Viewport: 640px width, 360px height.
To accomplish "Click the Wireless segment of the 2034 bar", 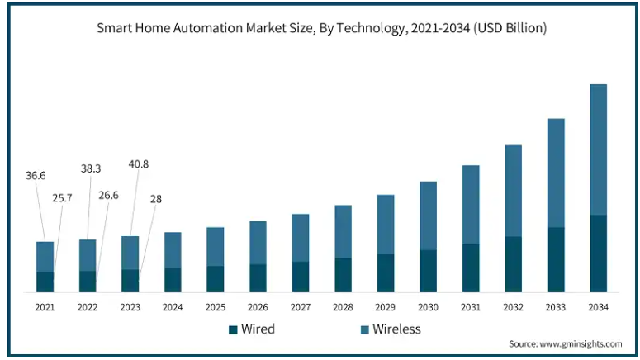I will [x=598, y=149].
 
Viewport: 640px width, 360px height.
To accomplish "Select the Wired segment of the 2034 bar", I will [x=598, y=253].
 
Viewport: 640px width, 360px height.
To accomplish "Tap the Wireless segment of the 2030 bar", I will [x=428, y=216].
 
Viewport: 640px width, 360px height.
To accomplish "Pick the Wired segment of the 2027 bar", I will [x=300, y=277].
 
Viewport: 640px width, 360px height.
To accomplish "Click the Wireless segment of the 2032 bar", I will [x=513, y=191].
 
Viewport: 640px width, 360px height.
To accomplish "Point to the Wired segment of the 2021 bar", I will [x=45, y=282].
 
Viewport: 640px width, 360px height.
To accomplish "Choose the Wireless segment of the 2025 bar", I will [x=215, y=246].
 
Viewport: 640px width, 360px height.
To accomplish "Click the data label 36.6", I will [x=36, y=176].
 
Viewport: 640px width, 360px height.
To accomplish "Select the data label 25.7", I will [x=63, y=199].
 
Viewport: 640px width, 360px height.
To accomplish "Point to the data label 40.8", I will [x=138, y=163].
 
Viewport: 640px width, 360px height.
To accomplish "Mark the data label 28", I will [x=155, y=199].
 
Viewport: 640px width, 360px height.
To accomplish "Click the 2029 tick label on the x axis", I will [x=385, y=307].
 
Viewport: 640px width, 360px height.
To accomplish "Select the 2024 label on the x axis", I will [x=173, y=307].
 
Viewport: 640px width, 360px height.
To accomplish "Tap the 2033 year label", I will [x=556, y=307].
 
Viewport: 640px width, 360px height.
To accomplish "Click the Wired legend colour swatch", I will [x=233, y=329].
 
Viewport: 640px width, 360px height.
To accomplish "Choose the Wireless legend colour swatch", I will [x=364, y=329].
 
